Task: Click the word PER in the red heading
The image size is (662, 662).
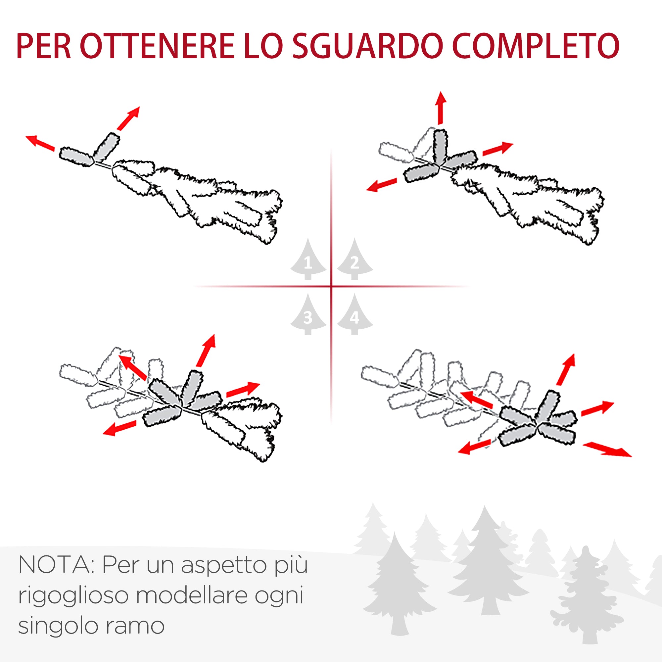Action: [43, 46]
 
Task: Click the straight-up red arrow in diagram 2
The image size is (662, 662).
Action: [441, 108]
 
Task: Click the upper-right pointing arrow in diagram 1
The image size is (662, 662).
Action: [128, 118]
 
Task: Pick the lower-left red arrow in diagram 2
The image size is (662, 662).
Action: [382, 185]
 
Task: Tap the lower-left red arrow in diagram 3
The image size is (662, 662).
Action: [119, 428]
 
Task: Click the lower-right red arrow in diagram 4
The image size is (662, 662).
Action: [607, 449]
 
